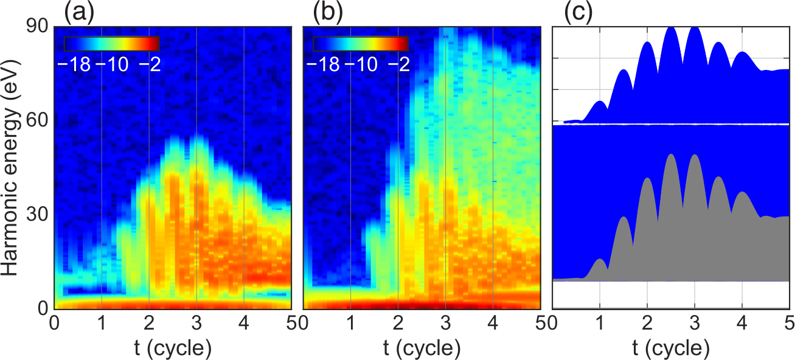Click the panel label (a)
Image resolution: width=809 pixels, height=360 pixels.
(x=79, y=13)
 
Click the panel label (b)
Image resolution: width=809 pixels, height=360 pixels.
(x=328, y=13)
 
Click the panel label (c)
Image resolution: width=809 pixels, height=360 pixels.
(x=578, y=13)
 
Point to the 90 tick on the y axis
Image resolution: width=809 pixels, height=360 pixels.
(x=38, y=26)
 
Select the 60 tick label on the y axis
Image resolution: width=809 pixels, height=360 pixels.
(x=38, y=120)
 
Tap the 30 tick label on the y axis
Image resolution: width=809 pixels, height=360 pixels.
(x=38, y=215)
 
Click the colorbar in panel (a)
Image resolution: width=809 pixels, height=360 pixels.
(x=111, y=44)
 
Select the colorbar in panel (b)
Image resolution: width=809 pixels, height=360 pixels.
(x=361, y=44)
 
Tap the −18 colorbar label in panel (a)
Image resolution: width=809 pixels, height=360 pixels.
(x=74, y=65)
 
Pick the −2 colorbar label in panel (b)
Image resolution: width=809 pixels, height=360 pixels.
(x=399, y=65)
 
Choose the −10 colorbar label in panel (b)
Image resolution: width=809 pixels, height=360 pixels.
(x=361, y=65)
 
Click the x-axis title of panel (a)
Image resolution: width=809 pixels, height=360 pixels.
(x=173, y=348)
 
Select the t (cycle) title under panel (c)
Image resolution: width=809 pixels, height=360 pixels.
(x=671, y=348)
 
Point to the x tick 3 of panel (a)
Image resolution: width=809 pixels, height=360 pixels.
(x=196, y=323)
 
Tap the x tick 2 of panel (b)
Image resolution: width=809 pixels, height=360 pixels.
(x=398, y=323)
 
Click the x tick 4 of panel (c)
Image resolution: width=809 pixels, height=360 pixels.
(x=742, y=323)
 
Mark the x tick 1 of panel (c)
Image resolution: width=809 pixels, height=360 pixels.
(x=600, y=323)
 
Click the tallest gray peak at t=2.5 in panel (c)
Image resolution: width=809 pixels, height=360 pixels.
(x=671, y=155)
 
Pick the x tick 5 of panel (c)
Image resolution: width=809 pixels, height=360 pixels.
(x=790, y=323)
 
